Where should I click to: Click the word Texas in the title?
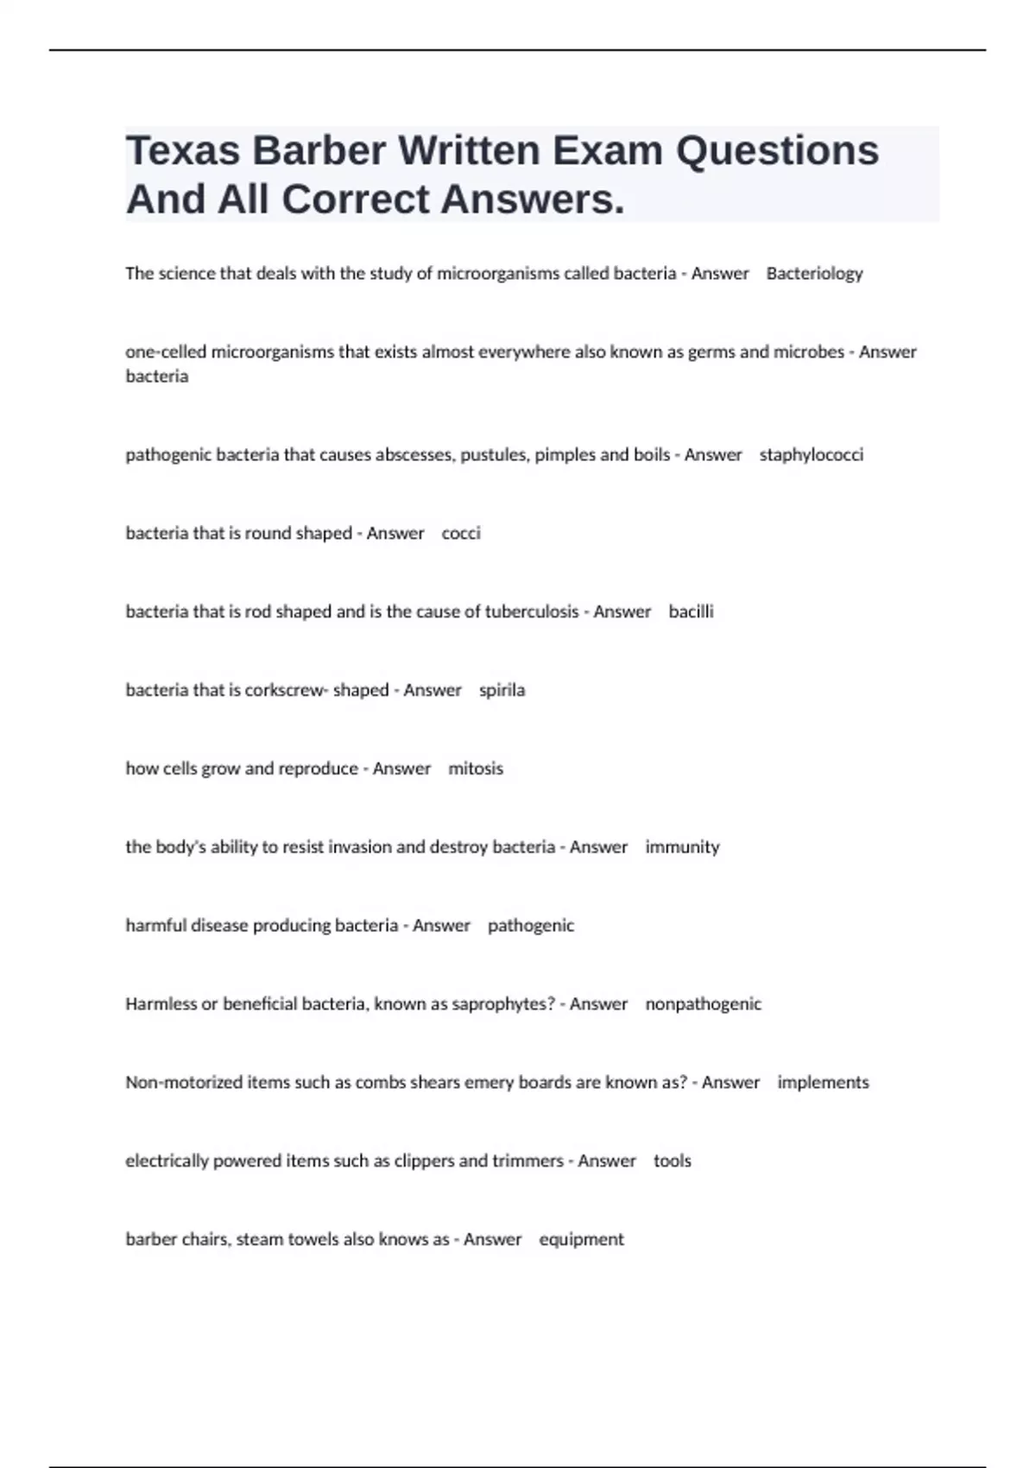(182, 150)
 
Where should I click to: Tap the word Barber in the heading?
(319, 150)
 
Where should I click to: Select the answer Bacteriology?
(814, 274)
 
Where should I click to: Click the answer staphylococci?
(811, 455)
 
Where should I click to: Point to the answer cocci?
(461, 534)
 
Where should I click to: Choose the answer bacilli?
(691, 612)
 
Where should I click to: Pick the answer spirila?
(502, 691)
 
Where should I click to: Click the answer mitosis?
(476, 769)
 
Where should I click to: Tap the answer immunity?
(682, 847)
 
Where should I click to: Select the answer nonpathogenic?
(703, 1004)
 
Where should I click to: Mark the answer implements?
(823, 1083)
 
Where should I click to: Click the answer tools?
(672, 1161)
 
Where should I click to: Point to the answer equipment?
(581, 1240)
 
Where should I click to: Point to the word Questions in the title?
(777, 150)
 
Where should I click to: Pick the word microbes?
(808, 352)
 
